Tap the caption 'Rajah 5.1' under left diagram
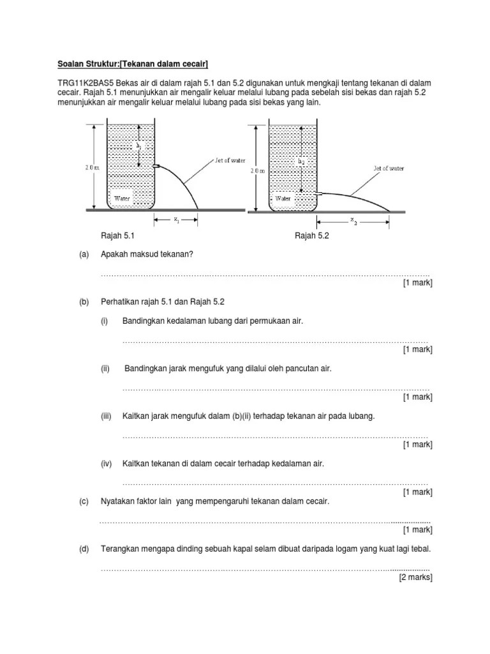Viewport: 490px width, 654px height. coord(118,236)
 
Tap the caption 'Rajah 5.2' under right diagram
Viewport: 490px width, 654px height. coord(311,236)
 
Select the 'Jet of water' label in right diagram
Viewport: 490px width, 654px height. coord(388,169)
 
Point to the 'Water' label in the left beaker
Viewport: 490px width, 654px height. coord(122,199)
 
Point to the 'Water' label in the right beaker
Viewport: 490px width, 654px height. coord(283,199)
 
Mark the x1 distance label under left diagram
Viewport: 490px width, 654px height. coord(175,219)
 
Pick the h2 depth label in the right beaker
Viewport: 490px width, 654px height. coord(301,162)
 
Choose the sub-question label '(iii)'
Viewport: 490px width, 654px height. coord(106,416)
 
